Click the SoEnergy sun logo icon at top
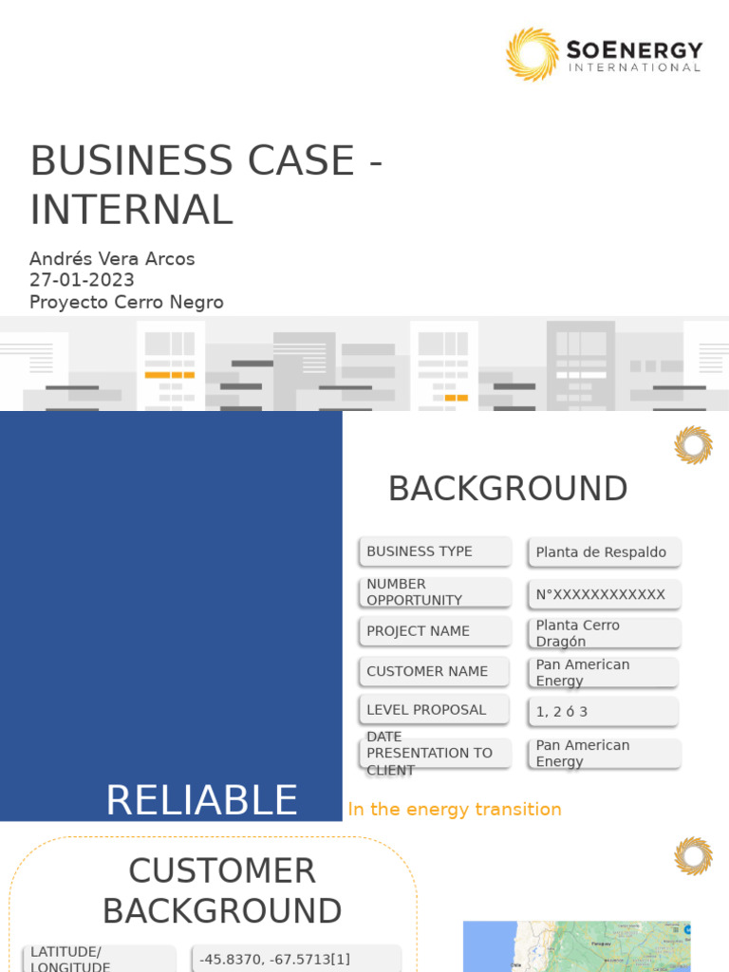pos(532,54)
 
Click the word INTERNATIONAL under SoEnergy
pos(634,67)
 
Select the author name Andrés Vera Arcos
pos(112,258)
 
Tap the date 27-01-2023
pos(82,280)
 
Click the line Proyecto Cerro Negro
pos(126,302)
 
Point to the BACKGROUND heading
pos(508,489)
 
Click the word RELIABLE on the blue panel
pos(201,800)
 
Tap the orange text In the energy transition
pos(455,809)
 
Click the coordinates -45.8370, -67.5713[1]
pos(275,959)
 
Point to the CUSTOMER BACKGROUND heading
pos(222,890)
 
